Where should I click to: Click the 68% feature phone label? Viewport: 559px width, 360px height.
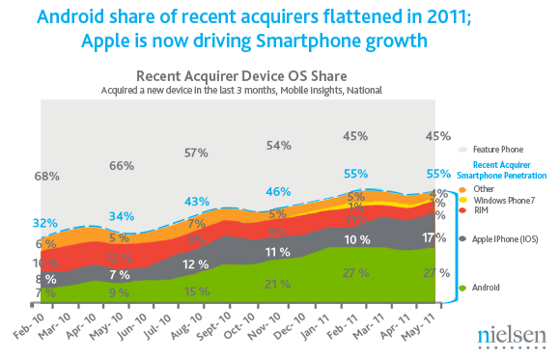pyautogui.click(x=47, y=177)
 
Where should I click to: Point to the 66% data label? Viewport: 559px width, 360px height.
pyautogui.click(x=121, y=166)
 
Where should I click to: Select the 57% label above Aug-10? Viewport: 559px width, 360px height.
pyautogui.click(x=197, y=152)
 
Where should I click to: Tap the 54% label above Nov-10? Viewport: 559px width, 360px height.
pyautogui.click(x=280, y=145)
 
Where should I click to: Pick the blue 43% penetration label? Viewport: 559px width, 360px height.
pyautogui.click(x=197, y=201)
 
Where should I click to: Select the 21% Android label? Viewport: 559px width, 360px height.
pyautogui.click(x=279, y=284)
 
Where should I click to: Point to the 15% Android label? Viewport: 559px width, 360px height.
pyautogui.click(x=197, y=291)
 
